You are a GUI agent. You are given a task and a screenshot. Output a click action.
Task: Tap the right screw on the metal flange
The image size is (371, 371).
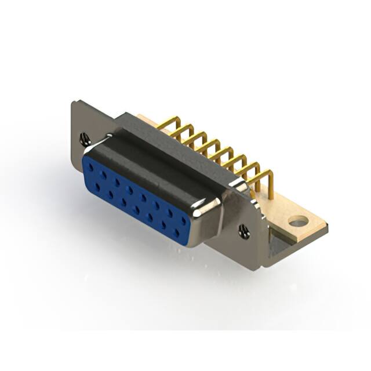point(243,232)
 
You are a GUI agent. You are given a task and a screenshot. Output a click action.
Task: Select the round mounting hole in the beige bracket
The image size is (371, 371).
point(298,221)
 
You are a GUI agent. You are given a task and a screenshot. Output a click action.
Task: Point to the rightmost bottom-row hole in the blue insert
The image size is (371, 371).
point(176,233)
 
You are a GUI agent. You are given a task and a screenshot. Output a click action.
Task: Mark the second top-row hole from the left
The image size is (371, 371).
point(103,174)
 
